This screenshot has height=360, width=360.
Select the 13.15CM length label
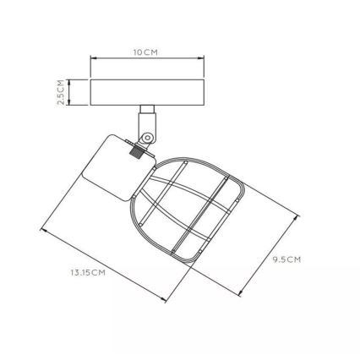pyautogui.click(x=88, y=271)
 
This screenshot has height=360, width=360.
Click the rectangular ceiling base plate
pyautogui.click(x=147, y=92)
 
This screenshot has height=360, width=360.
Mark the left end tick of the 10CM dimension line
pyautogui.click(x=90, y=59)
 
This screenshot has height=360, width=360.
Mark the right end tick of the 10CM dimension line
pyautogui.click(x=204, y=59)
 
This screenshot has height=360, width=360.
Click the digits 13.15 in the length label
pyautogui.click(x=81, y=271)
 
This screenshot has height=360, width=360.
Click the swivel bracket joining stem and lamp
pyautogui.click(x=147, y=132)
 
